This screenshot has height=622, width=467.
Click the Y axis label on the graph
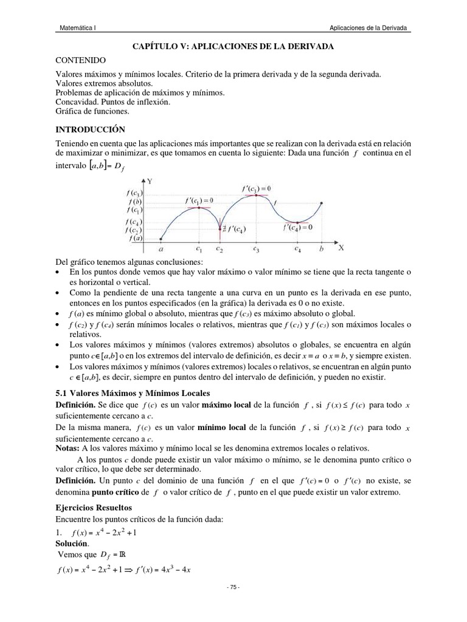(150, 182)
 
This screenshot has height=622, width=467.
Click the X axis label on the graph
(341, 248)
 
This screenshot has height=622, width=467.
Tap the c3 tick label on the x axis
(256, 249)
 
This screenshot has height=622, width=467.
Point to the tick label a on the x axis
(161, 249)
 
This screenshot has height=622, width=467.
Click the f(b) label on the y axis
(134, 201)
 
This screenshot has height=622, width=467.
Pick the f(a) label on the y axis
(134, 239)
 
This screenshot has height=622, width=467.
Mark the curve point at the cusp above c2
(220, 230)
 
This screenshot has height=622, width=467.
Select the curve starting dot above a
(161, 239)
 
